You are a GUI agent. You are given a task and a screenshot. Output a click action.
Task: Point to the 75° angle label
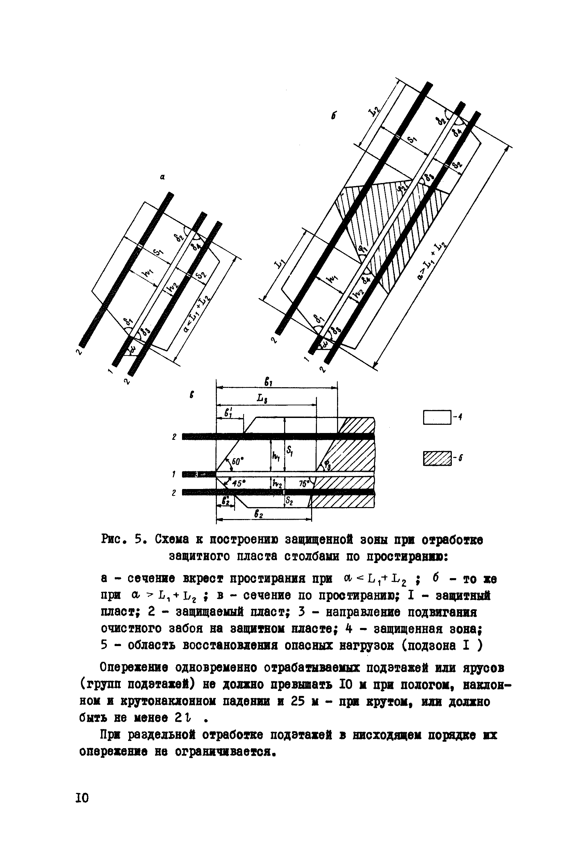pos(304,484)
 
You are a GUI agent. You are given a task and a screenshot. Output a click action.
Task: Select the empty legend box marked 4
pos(437,417)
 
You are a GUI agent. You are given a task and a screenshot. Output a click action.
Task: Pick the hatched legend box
pos(437,459)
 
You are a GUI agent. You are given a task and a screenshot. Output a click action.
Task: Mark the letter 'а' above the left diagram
pos(162,178)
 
